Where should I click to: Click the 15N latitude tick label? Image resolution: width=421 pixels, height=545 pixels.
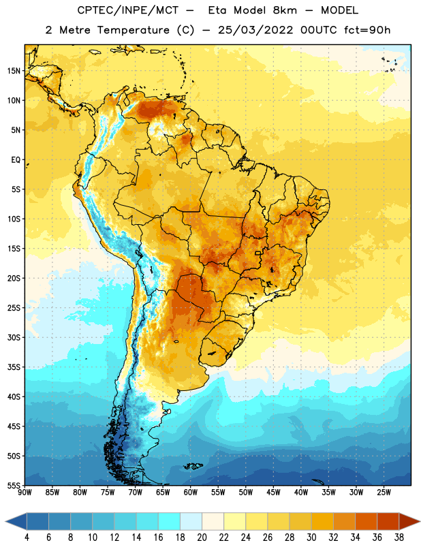(x=14, y=71)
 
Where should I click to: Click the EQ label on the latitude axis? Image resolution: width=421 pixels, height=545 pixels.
(x=16, y=160)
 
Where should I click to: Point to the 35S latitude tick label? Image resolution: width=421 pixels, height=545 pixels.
(x=14, y=367)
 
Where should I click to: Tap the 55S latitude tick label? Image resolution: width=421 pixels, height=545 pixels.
(x=14, y=485)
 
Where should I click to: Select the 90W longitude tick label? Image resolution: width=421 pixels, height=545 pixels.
(x=25, y=493)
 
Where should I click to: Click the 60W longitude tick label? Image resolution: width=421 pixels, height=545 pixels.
(x=191, y=493)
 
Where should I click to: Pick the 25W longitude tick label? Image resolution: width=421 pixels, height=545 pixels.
(x=384, y=493)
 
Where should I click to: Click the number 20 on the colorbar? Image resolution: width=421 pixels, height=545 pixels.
(x=202, y=538)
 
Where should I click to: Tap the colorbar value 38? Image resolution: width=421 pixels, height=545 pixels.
(x=399, y=538)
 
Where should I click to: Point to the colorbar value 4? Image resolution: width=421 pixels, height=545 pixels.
(x=27, y=538)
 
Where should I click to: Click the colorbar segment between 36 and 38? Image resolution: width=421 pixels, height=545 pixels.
(x=388, y=521)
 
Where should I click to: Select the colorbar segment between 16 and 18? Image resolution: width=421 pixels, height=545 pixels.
(x=170, y=521)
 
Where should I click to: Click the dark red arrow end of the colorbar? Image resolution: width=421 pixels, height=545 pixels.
(x=409, y=521)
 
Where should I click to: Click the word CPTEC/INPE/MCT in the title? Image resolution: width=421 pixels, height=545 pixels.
(x=128, y=10)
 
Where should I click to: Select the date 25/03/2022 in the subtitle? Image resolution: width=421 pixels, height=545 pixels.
(x=255, y=30)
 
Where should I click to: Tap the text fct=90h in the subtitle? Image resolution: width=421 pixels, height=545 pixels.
(x=367, y=30)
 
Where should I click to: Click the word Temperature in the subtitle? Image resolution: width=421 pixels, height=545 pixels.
(x=133, y=30)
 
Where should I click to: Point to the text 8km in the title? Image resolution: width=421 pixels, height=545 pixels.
(x=285, y=10)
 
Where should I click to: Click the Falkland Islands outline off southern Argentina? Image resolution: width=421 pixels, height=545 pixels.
(x=193, y=466)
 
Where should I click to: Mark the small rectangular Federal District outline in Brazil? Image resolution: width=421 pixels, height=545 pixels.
(x=258, y=253)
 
